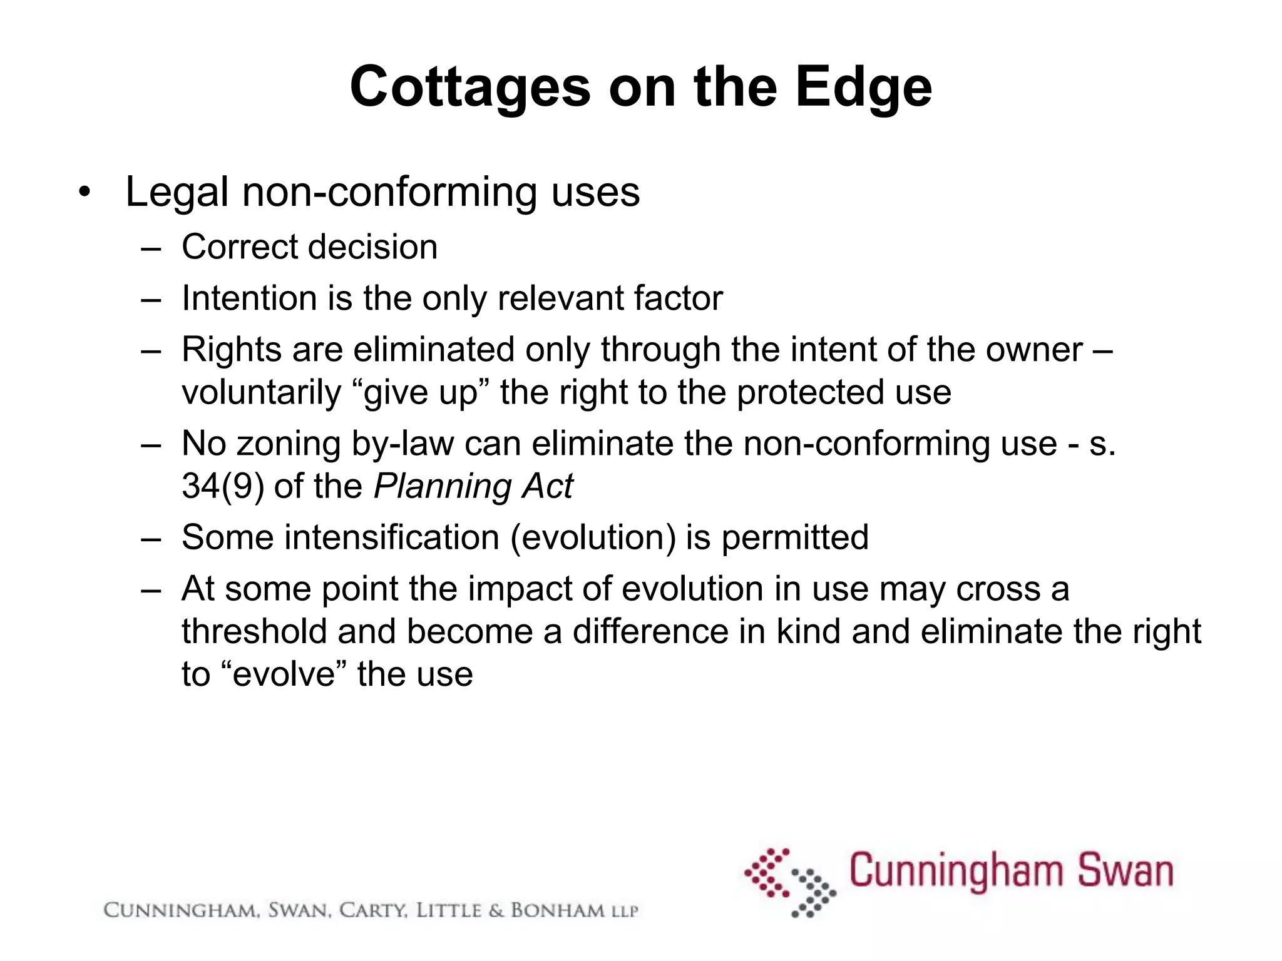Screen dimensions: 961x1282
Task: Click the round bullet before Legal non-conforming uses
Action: (x=85, y=192)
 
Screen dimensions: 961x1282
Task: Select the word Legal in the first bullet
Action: (x=177, y=192)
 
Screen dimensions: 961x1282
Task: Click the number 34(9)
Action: (x=222, y=486)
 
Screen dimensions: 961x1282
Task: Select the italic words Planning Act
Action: (x=473, y=486)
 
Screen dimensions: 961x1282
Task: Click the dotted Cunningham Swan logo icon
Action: (x=790, y=882)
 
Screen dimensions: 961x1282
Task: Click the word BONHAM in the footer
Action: (x=558, y=910)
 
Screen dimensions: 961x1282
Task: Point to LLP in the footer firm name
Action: (x=623, y=912)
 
